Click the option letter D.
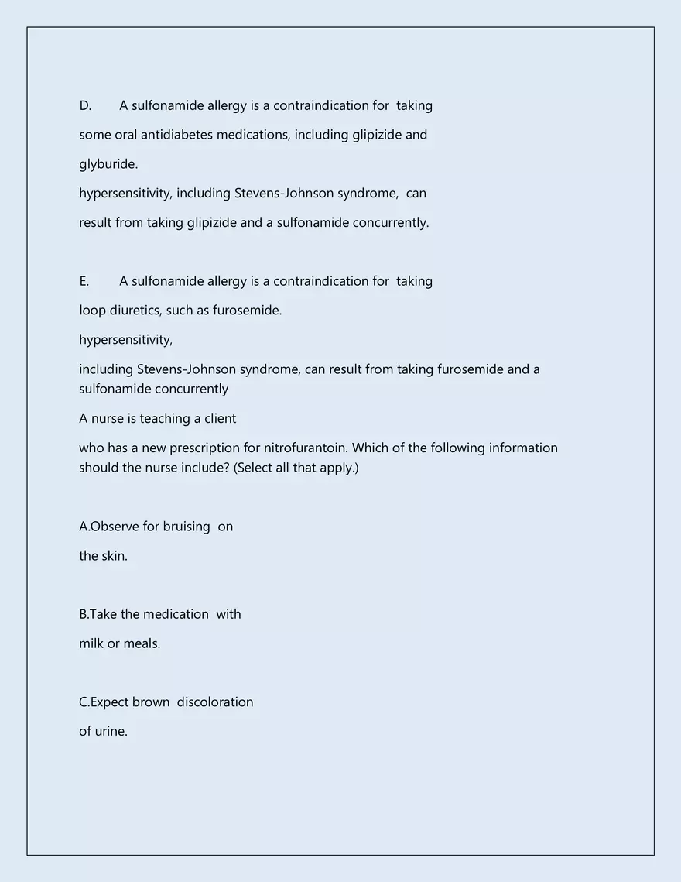click(x=84, y=105)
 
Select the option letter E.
click(x=84, y=281)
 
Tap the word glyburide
click(x=108, y=164)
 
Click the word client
click(x=220, y=418)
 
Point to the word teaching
click(x=165, y=418)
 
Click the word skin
click(x=114, y=556)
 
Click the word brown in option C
click(x=151, y=702)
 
